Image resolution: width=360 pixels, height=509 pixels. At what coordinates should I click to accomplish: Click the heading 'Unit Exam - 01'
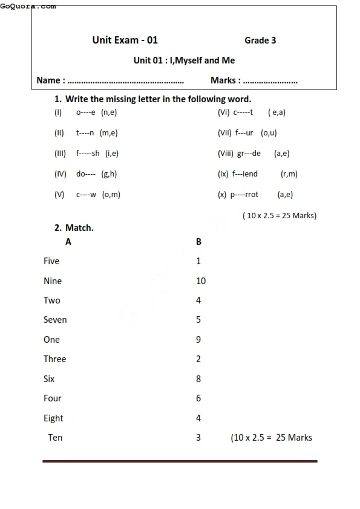125,40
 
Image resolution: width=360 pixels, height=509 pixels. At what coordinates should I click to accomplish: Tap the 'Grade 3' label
260,41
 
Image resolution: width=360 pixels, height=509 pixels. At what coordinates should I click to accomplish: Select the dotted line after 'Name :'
126,80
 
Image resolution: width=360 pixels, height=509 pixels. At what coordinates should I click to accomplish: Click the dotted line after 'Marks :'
270,80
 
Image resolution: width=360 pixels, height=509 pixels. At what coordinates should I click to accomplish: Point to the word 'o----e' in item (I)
86,112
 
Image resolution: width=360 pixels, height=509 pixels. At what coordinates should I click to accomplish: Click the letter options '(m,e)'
109,133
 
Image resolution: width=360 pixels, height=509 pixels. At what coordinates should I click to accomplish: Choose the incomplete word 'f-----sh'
88,154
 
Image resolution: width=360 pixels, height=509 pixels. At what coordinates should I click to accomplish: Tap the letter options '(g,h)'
110,174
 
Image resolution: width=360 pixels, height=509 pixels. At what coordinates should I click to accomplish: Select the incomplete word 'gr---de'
249,154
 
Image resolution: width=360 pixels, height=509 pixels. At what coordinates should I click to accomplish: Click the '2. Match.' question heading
74,228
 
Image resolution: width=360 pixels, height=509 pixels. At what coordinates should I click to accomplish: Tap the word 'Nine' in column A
53,281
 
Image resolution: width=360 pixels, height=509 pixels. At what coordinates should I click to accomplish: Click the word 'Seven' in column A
55,320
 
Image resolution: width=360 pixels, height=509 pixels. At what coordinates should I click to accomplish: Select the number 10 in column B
201,281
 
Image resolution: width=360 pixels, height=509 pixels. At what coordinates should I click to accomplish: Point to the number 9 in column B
198,340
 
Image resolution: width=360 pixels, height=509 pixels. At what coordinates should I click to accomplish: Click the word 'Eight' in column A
53,418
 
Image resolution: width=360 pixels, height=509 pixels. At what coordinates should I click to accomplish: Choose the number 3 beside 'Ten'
198,438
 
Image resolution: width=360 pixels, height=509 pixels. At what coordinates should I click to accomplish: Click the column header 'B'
198,242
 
